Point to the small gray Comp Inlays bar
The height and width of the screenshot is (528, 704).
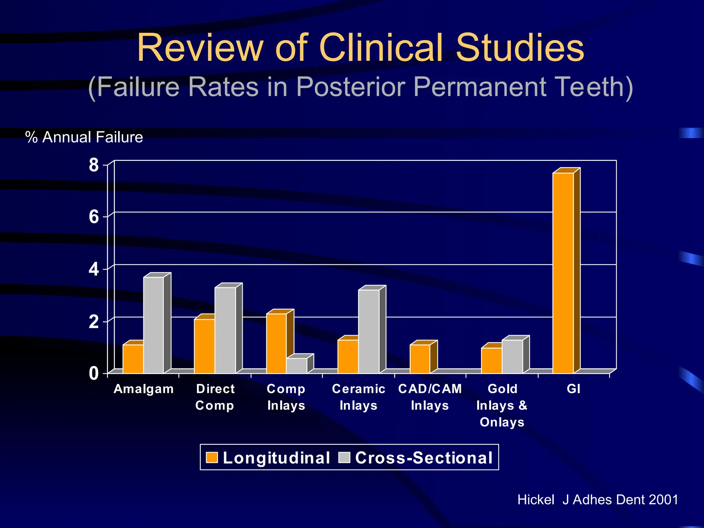pyautogui.click(x=297, y=366)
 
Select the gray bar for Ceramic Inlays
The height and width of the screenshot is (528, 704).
pyautogui.click(x=369, y=331)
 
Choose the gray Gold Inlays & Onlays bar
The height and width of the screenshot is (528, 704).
pyautogui.click(x=512, y=356)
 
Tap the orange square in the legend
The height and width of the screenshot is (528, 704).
pyautogui.click(x=212, y=458)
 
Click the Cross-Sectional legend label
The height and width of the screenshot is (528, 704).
pyautogui.click(x=424, y=458)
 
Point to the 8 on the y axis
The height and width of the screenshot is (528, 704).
pyautogui.click(x=93, y=165)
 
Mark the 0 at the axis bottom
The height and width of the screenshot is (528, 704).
pyautogui.click(x=93, y=374)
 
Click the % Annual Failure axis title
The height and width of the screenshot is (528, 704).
pyautogui.click(x=84, y=137)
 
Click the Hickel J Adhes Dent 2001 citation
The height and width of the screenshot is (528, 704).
pyautogui.click(x=598, y=499)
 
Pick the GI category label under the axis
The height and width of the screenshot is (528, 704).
pyautogui.click(x=573, y=389)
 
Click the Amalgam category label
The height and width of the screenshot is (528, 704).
pyautogui.click(x=144, y=389)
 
